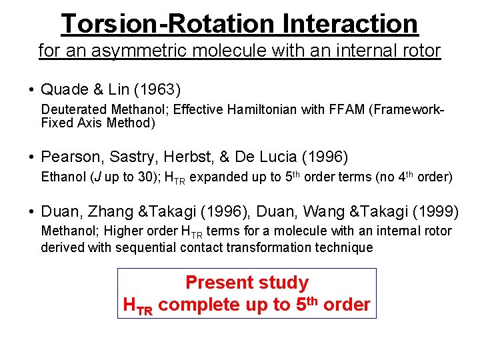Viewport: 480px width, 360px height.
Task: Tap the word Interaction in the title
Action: (350, 24)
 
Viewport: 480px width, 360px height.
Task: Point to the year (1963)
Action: (158, 89)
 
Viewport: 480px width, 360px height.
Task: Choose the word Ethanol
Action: (63, 177)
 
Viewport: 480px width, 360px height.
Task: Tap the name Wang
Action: (325, 212)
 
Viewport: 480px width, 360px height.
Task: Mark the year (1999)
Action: (435, 212)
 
